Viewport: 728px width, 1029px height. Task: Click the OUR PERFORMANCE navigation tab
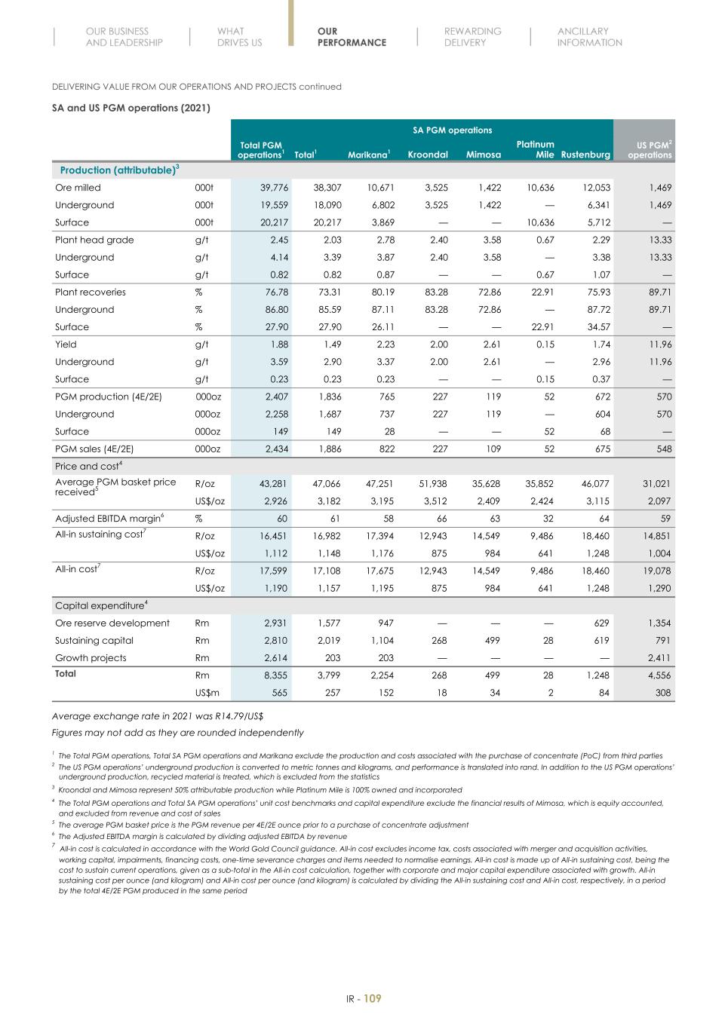(x=352, y=37)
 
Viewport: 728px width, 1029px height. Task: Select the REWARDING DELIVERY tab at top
(x=472, y=37)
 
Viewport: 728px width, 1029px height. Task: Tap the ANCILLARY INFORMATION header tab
(x=589, y=37)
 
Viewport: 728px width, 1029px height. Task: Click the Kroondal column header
(x=428, y=155)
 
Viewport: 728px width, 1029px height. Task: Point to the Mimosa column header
(x=484, y=155)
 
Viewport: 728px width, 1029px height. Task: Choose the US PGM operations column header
(x=649, y=149)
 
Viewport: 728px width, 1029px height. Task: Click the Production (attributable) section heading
(x=119, y=170)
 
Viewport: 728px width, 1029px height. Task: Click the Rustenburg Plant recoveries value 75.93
(x=597, y=292)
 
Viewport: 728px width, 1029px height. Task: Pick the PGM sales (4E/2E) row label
(x=94, y=449)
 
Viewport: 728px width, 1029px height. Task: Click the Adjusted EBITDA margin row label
(x=108, y=519)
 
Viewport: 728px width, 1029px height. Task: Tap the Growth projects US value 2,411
(x=658, y=658)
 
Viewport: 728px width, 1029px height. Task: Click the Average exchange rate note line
(x=157, y=716)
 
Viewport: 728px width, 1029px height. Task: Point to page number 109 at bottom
(x=372, y=999)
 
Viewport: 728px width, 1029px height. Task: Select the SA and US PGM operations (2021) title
(x=131, y=108)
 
